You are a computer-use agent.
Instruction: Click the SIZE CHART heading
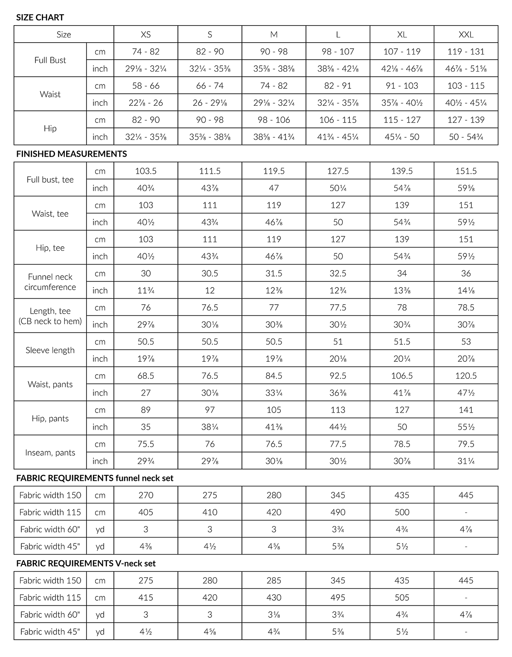[x=40, y=17]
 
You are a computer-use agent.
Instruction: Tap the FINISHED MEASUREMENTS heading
[x=71, y=154]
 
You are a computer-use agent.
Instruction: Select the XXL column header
[x=466, y=35]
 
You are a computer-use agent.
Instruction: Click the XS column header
[x=146, y=35]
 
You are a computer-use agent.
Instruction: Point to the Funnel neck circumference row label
[x=50, y=282]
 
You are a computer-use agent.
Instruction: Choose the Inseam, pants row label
[x=50, y=453]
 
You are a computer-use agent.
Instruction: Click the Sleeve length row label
[x=50, y=350]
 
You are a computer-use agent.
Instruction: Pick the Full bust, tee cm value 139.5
[x=402, y=171]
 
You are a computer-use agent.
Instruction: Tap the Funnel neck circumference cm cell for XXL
[x=466, y=273]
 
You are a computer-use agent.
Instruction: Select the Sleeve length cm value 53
[x=466, y=342]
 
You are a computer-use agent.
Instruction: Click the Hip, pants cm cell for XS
[x=146, y=410]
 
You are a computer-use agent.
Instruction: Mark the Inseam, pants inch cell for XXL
[x=466, y=461]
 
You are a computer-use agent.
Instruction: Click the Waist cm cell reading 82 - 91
[x=338, y=86]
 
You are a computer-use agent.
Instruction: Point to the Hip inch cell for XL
[x=402, y=137]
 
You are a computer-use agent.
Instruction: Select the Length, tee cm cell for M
[x=274, y=308]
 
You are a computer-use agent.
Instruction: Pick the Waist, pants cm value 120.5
[x=466, y=376]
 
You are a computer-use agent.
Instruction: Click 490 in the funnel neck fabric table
[x=338, y=512]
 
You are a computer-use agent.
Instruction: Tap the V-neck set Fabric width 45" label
[x=50, y=632]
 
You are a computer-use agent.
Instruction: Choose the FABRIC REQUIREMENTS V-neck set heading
[x=86, y=564]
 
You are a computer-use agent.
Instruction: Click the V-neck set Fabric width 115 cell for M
[x=274, y=598]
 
